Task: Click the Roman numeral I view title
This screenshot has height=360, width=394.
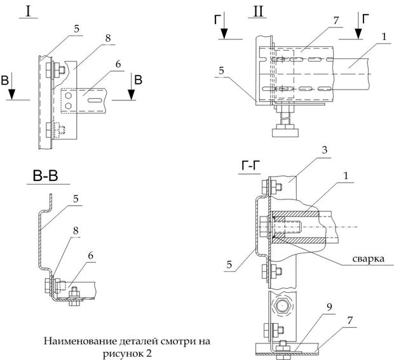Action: (x=29, y=11)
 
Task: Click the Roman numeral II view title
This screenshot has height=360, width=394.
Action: (x=258, y=11)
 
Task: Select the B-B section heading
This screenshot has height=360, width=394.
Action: (x=46, y=176)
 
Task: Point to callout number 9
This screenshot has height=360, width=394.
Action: (x=329, y=307)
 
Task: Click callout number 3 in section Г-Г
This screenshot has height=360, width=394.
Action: (x=325, y=150)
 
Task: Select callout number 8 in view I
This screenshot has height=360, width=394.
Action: (x=108, y=38)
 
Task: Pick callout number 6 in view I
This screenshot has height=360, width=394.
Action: (x=118, y=64)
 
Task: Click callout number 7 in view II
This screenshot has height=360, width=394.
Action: (x=336, y=20)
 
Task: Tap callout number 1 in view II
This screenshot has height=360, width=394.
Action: (x=383, y=37)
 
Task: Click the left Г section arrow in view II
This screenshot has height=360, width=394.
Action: (x=224, y=25)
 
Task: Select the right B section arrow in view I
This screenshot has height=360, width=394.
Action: (x=131, y=86)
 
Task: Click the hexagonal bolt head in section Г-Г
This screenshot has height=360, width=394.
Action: (x=282, y=305)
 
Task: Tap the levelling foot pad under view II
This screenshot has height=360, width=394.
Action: (x=285, y=132)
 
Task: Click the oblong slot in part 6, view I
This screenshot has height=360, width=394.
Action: (x=95, y=100)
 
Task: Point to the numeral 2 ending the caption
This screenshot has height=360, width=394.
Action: (x=149, y=354)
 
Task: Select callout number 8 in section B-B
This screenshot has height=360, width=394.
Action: (x=76, y=230)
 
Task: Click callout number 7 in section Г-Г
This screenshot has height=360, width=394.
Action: (x=350, y=320)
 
